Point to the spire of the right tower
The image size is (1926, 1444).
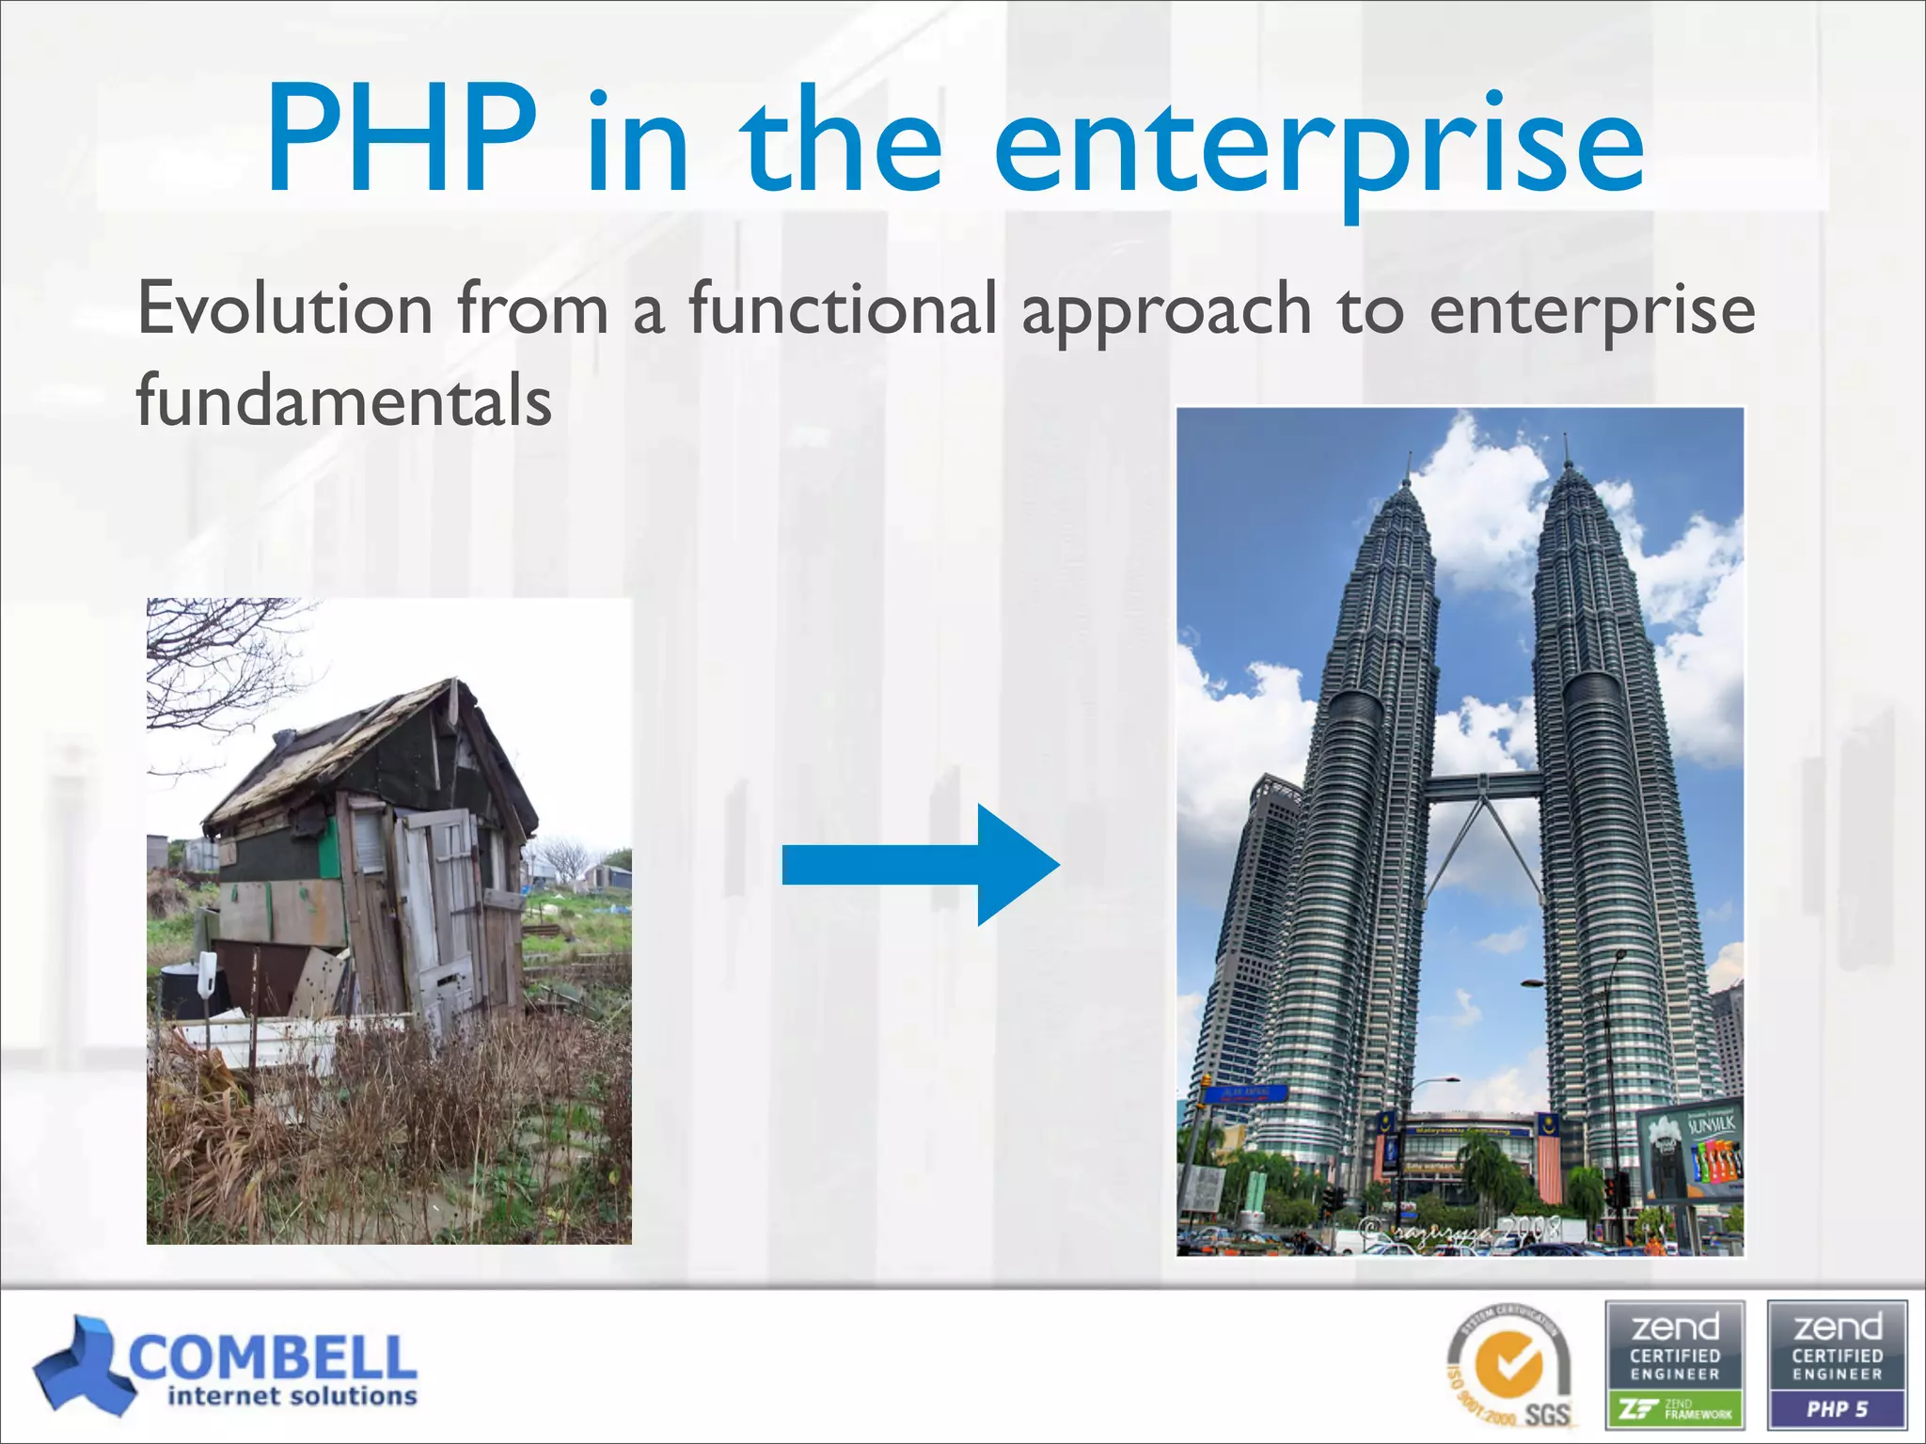coord(1566,451)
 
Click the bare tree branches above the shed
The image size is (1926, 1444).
coord(226,658)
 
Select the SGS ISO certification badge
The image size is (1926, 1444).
coord(1508,1368)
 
